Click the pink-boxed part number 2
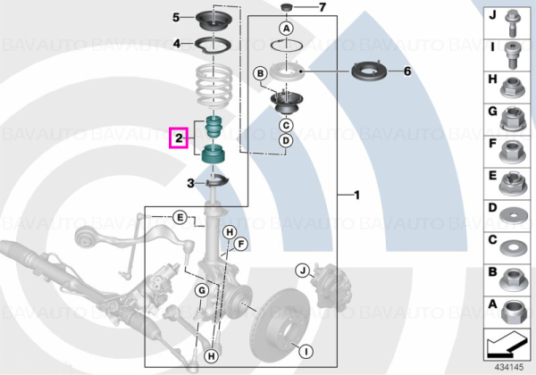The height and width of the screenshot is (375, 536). [x=179, y=138]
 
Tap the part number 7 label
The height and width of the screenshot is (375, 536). [x=322, y=7]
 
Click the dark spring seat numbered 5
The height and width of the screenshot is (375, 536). [x=214, y=21]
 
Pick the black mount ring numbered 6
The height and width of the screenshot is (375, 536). [x=370, y=72]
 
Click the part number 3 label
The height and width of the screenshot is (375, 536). [x=191, y=183]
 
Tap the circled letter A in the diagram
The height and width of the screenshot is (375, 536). [x=287, y=28]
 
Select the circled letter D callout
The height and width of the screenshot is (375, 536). [x=286, y=140]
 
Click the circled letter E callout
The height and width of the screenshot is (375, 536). [x=180, y=217]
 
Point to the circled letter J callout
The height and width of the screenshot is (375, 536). [x=303, y=271]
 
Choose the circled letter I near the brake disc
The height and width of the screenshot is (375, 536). [x=306, y=350]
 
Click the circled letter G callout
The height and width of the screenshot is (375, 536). [x=202, y=291]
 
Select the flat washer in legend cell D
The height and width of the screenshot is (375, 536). [x=513, y=217]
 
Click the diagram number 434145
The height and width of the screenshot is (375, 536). [x=509, y=367]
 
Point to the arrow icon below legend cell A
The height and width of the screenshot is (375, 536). [x=506, y=343]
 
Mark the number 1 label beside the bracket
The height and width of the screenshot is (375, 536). [x=356, y=195]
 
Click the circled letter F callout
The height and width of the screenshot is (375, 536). [x=240, y=244]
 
